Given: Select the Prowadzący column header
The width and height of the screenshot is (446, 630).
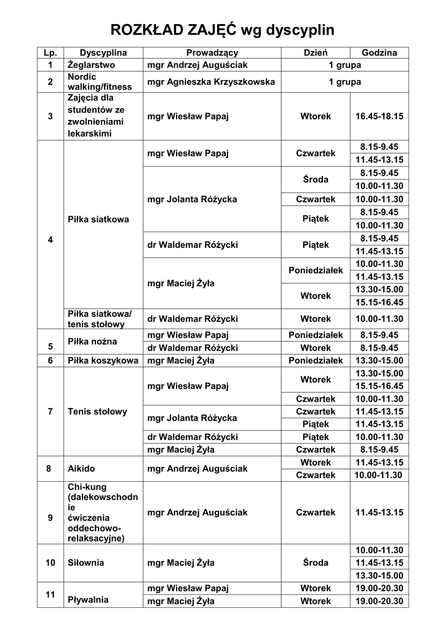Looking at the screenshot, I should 212,53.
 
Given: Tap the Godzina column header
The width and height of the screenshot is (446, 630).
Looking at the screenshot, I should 379,53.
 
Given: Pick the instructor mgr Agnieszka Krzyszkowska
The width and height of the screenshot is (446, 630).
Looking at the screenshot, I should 211,81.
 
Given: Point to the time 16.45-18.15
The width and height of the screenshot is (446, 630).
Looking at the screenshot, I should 379,116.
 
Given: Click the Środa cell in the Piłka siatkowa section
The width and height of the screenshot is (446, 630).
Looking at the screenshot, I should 316,180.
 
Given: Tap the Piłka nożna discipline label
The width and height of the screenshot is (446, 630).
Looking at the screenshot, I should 93,341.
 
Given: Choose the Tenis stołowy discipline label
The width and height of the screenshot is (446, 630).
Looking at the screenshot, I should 97,411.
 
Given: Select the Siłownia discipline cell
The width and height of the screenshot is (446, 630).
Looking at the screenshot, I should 86,562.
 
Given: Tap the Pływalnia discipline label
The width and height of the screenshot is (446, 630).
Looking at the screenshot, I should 88,599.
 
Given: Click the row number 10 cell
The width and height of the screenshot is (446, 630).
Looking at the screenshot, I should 50,562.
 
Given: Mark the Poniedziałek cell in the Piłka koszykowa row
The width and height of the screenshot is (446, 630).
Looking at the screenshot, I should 316,361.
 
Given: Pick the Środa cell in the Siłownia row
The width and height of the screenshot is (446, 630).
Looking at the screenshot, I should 316,562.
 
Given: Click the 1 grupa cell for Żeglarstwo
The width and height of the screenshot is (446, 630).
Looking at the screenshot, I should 344,65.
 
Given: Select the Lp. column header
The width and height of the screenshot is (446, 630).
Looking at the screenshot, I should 50,53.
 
